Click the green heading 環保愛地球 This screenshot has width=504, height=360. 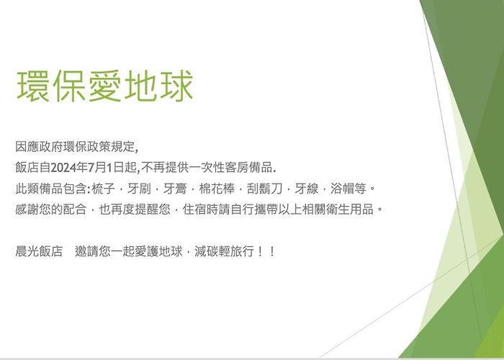[105, 86]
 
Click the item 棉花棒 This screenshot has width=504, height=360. [217, 189]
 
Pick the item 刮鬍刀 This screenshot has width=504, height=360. [264, 189]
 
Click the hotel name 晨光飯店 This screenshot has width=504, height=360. [39, 251]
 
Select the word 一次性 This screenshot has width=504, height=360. [206, 168]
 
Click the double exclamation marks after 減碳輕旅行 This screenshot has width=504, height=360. [266, 251]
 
